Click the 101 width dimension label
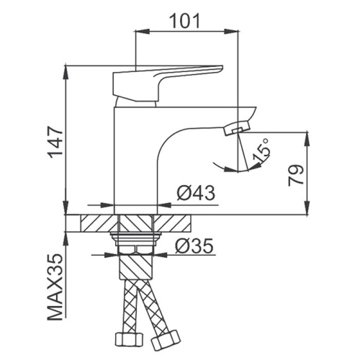click(x=184, y=21)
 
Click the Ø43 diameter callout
click(x=196, y=193)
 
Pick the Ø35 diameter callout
click(x=194, y=246)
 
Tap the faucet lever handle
click(x=168, y=83)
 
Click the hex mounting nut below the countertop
click(x=135, y=250)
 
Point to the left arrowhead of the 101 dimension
click(x=143, y=31)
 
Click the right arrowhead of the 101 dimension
click(x=232, y=31)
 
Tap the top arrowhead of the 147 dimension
click(x=66, y=72)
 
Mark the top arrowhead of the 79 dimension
click(x=307, y=139)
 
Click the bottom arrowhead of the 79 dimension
click(x=307, y=207)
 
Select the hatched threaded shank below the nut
click(x=135, y=267)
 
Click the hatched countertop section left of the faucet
click(x=99, y=223)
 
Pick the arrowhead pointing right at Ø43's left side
click(x=107, y=205)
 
